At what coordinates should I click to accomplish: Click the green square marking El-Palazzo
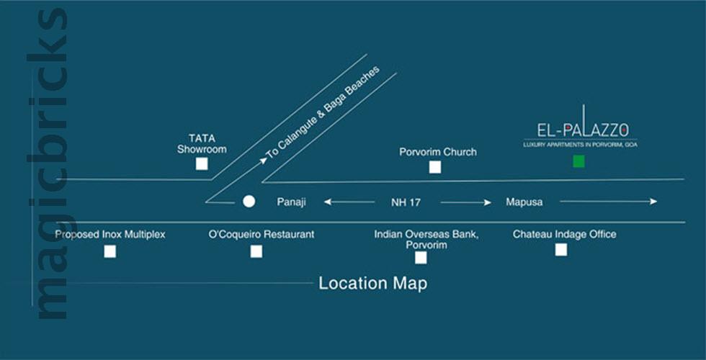click(x=578, y=161)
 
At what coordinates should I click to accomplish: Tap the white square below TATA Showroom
click(x=202, y=164)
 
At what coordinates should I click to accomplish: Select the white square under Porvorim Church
click(x=434, y=168)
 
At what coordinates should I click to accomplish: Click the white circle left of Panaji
click(x=249, y=202)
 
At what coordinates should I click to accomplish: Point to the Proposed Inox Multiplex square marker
click(x=110, y=251)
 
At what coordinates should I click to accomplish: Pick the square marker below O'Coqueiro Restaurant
click(x=256, y=251)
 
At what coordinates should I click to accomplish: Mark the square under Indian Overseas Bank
click(x=421, y=258)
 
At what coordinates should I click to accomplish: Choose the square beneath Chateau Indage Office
click(x=560, y=250)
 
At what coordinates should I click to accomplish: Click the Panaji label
click(x=292, y=202)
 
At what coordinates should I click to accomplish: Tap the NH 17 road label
click(x=406, y=202)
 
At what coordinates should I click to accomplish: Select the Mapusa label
click(x=524, y=202)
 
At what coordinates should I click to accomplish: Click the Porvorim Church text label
click(x=438, y=152)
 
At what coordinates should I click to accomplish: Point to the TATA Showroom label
click(x=202, y=144)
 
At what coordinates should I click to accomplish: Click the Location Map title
click(x=373, y=283)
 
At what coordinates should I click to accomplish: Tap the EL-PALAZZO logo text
click(x=583, y=130)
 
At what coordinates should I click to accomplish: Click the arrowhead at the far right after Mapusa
click(x=653, y=202)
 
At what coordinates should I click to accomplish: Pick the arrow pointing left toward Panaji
click(x=329, y=202)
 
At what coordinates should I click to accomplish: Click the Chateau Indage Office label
click(x=564, y=234)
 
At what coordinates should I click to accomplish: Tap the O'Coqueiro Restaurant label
click(x=261, y=234)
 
